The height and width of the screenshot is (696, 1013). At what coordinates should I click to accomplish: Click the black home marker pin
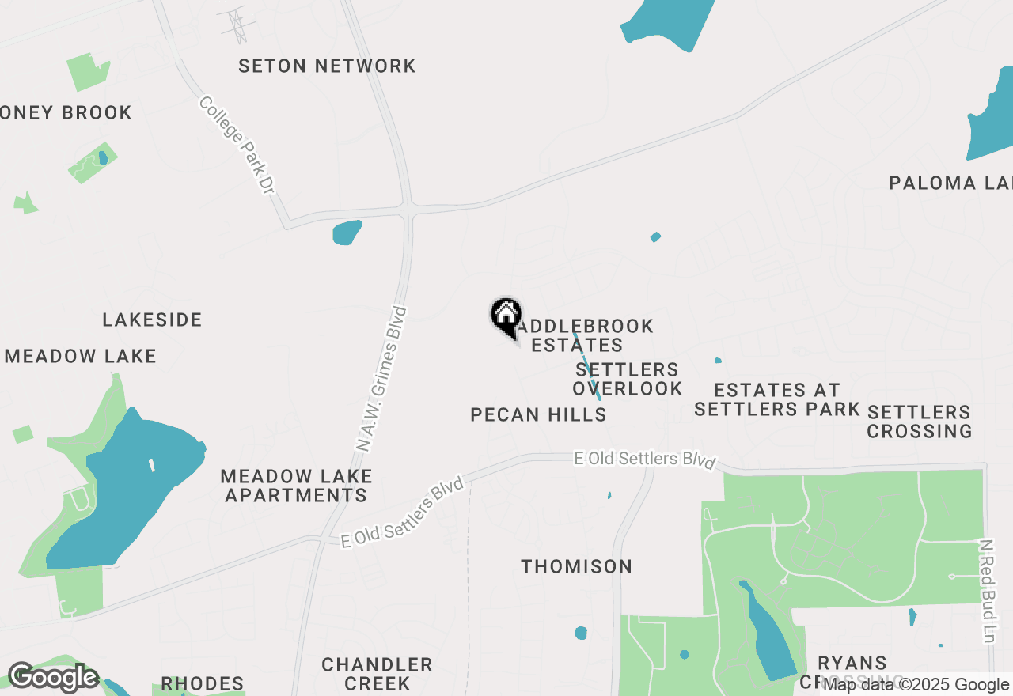[x=506, y=317]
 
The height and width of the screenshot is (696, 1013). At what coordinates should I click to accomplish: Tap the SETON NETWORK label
[x=327, y=66]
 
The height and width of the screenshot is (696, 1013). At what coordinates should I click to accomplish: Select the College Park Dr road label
[x=236, y=146]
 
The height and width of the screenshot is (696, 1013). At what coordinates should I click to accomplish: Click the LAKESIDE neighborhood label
[x=152, y=320]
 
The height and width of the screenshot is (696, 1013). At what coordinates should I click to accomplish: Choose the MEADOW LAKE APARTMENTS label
[x=296, y=486]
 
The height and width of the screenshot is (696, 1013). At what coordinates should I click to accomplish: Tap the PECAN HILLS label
[x=538, y=414]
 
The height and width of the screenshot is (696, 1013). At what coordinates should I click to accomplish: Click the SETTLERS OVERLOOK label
[x=627, y=379]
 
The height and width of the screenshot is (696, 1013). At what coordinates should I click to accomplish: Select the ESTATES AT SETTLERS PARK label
[x=776, y=399]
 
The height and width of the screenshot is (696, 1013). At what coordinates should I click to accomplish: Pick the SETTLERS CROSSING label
[x=919, y=422]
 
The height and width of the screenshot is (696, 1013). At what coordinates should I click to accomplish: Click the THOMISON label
[x=576, y=566]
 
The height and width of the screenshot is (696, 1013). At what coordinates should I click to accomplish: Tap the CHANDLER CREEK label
[x=377, y=673]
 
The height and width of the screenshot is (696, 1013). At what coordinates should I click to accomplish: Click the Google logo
[x=53, y=678]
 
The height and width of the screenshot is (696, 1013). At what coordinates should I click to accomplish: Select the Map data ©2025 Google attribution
[x=916, y=685]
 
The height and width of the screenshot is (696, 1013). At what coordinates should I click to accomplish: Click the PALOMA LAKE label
[x=950, y=183]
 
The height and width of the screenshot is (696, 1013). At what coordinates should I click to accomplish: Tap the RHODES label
[x=202, y=683]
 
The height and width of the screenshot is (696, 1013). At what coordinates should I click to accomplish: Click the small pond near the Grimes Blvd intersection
[x=347, y=233]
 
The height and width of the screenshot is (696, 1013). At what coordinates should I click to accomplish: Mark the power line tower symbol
[x=236, y=25]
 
